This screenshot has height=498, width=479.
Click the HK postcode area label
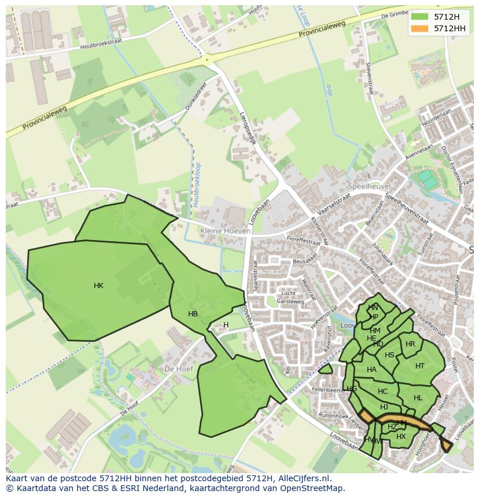[98, 286]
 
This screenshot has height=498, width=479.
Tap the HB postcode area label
[193, 314]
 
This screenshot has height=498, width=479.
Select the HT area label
[420, 366]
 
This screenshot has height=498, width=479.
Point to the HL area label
[418, 398]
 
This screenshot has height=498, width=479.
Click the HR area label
[410, 344]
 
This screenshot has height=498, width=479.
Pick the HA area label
[371, 370]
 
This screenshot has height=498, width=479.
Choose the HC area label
[382, 392]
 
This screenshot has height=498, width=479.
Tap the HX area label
[401, 437]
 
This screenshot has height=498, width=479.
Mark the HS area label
[389, 355]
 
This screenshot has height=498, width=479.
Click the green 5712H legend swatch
[419, 16]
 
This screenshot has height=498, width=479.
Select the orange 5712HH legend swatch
[419, 28]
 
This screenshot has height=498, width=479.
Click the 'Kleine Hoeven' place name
[225, 231]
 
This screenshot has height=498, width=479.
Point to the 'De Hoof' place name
[178, 368]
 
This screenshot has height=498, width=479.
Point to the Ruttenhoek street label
[332, 415]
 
